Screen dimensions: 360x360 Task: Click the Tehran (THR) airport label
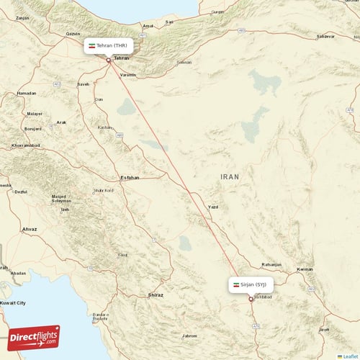(109, 45)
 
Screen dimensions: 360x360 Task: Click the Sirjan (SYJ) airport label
(251, 285)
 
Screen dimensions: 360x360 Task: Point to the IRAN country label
(230, 176)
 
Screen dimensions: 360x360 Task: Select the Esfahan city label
(130, 177)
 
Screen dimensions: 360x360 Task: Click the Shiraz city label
(155, 295)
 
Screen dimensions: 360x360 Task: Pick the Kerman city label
(305, 269)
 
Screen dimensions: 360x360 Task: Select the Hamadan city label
(27, 93)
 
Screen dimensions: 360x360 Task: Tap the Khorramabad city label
(26, 145)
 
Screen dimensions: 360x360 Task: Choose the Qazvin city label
(73, 33)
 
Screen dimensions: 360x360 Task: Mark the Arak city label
(62, 122)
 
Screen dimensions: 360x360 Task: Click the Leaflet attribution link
(351, 356)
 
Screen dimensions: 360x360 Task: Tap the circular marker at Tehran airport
(109, 60)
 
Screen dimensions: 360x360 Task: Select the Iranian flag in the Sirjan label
(235, 285)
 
